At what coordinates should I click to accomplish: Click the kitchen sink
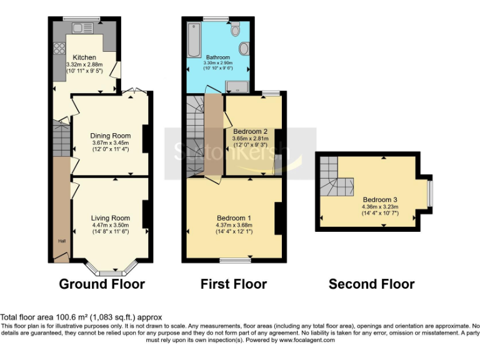pyautogui.click(x=81, y=27)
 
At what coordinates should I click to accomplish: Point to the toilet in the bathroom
pyautogui.click(x=236, y=29)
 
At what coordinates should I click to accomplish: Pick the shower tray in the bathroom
pyautogui.click(x=237, y=87)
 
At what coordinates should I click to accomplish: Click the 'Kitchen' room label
pyautogui.click(x=84, y=57)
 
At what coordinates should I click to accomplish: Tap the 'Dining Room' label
pyautogui.click(x=111, y=136)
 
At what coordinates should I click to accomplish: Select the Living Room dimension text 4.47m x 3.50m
pyautogui.click(x=111, y=225)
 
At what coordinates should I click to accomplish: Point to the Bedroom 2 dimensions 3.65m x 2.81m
pyautogui.click(x=250, y=138)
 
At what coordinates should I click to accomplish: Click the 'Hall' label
pyautogui.click(x=62, y=241)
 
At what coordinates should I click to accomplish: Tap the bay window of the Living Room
pyautogui.click(x=111, y=270)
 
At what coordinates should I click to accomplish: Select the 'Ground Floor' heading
pyautogui.click(x=101, y=284)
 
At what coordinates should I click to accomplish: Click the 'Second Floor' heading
pyautogui.click(x=371, y=284)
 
